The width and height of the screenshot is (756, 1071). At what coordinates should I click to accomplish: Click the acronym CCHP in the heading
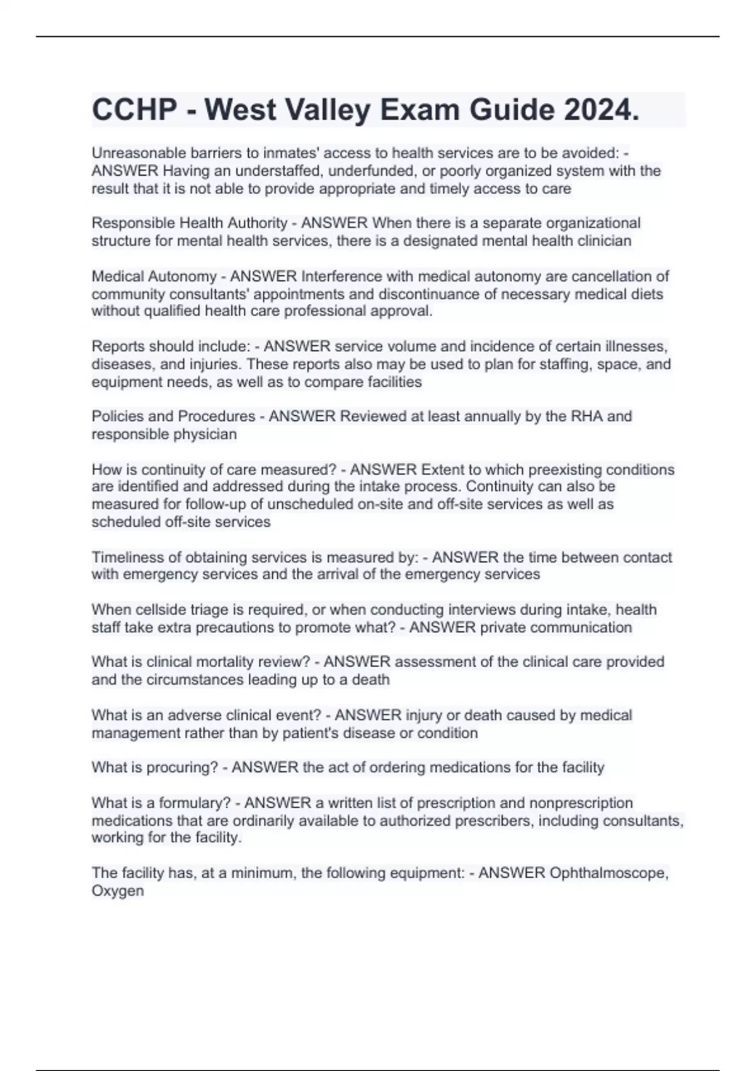134,110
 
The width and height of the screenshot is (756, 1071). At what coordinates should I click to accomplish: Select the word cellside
149,610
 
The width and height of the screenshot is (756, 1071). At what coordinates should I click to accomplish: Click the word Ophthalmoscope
608,873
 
